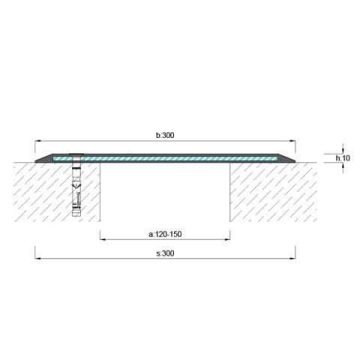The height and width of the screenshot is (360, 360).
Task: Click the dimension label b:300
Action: pos(165,136)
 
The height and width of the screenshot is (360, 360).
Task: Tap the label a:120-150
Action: pos(165,234)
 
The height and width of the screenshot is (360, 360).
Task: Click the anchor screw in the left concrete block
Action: pos(75,184)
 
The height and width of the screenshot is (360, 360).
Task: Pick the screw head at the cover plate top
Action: pos(75,156)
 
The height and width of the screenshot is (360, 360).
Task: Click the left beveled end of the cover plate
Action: pos(42,159)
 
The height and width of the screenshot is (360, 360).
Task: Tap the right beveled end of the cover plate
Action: pos(289,159)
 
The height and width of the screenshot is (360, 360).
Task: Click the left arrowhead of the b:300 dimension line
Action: pos(37,141)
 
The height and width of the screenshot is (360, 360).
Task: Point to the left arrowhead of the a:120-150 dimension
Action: pos(102,239)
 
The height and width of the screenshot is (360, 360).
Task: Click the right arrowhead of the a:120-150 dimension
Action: pos(228,239)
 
